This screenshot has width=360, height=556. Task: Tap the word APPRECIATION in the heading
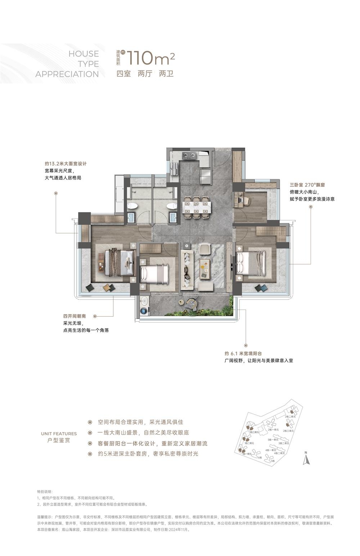(67, 74)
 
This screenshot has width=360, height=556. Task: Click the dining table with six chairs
(196, 207)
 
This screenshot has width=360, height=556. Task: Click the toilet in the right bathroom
(172, 206)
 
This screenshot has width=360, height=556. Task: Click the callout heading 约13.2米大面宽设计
(66, 163)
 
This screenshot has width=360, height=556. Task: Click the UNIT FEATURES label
(59, 434)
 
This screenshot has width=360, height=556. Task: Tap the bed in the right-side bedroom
(251, 263)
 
